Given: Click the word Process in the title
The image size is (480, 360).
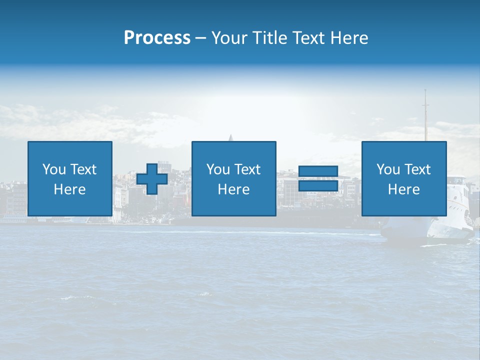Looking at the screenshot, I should (x=157, y=38).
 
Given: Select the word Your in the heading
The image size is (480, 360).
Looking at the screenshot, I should (x=228, y=38).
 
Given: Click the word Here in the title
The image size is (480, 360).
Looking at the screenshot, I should (x=348, y=38).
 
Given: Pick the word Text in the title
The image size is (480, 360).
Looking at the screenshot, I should (x=307, y=38).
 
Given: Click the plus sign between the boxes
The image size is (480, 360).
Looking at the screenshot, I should (x=152, y=179).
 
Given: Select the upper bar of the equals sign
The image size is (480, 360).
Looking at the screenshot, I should (x=318, y=171).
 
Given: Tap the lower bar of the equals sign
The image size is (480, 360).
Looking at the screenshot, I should (x=318, y=186).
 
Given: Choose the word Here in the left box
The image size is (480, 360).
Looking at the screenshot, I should (x=69, y=189).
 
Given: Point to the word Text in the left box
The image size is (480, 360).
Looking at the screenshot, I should (x=83, y=169).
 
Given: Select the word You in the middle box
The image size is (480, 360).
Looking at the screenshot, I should (x=218, y=169).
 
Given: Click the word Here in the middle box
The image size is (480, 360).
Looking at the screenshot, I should (x=233, y=189).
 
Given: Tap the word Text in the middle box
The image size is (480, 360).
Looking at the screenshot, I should (x=247, y=169).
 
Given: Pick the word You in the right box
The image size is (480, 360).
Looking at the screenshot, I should (x=388, y=169).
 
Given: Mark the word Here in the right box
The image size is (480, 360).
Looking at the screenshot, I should (x=403, y=189).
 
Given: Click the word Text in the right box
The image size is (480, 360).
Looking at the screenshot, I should (x=417, y=169).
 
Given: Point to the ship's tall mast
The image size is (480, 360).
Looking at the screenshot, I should (x=426, y=115).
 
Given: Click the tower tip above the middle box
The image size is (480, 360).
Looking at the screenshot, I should (x=230, y=136).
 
